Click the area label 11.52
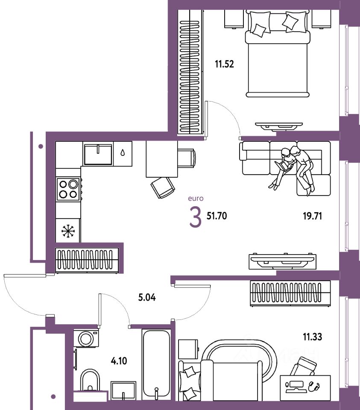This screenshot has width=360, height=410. click(224, 64)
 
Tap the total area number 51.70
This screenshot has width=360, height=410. click(217, 216)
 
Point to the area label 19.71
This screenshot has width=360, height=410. click(313, 216)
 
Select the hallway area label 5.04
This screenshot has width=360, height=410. click(146, 297)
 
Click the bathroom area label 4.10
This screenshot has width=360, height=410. click(119, 361)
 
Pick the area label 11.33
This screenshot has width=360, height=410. click(313, 337)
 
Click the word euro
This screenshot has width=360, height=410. click(196, 199)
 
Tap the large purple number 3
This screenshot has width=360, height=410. click(195, 217)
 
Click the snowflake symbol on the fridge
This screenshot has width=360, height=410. click(68, 231)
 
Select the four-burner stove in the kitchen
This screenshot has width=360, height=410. click(68, 189)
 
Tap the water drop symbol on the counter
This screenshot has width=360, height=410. click(123, 152)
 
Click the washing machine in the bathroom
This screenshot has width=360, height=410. click(86, 338)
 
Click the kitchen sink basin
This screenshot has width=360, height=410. click(98, 154)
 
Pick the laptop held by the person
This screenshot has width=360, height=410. click(282, 166)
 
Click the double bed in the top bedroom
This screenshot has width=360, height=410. click(278, 54)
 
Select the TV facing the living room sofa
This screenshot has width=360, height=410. click(282, 261)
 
